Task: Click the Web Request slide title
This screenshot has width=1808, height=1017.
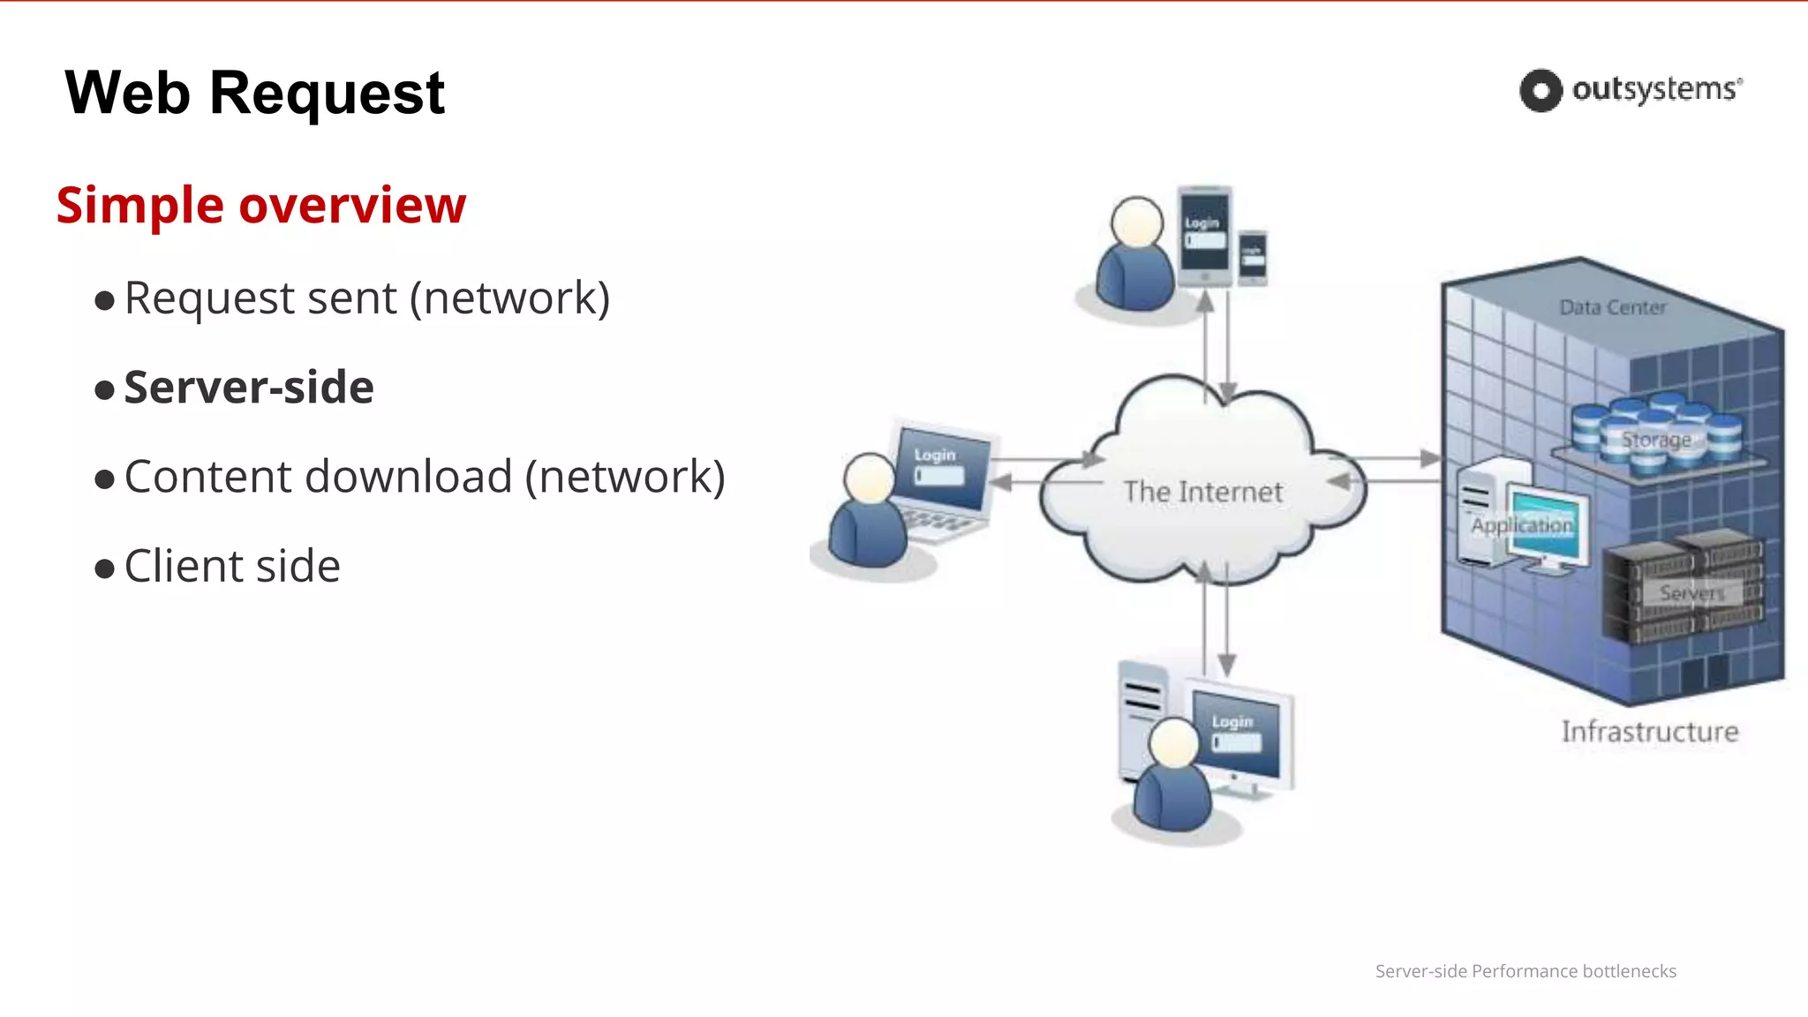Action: [254, 94]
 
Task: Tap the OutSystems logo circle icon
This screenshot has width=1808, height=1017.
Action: [1541, 90]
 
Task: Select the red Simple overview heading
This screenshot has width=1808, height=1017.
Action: [260, 205]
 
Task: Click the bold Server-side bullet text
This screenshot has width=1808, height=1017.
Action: [249, 388]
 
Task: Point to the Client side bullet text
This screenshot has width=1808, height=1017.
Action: [232, 566]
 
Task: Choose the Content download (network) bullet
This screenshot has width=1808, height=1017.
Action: [424, 477]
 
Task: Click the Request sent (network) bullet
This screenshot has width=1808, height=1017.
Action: [366, 298]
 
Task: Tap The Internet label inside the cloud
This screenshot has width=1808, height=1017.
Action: [1202, 492]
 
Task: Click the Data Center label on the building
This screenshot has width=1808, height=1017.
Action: [1612, 307]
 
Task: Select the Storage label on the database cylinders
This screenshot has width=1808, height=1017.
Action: [1656, 440]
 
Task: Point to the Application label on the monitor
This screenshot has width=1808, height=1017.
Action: [1522, 525]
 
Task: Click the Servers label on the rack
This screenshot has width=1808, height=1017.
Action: [1691, 593]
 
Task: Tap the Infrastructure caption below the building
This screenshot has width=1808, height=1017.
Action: [1649, 732]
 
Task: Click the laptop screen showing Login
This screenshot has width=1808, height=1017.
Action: [941, 469]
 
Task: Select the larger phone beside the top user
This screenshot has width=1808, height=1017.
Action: [1205, 235]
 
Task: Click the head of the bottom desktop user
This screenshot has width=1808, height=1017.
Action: [1173, 742]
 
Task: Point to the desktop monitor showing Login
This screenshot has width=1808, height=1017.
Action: [1236, 734]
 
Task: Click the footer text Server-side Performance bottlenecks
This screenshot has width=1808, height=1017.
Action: [1525, 971]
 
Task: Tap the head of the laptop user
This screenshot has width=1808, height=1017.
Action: [870, 478]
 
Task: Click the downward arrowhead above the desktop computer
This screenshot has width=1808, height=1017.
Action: [1226, 664]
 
